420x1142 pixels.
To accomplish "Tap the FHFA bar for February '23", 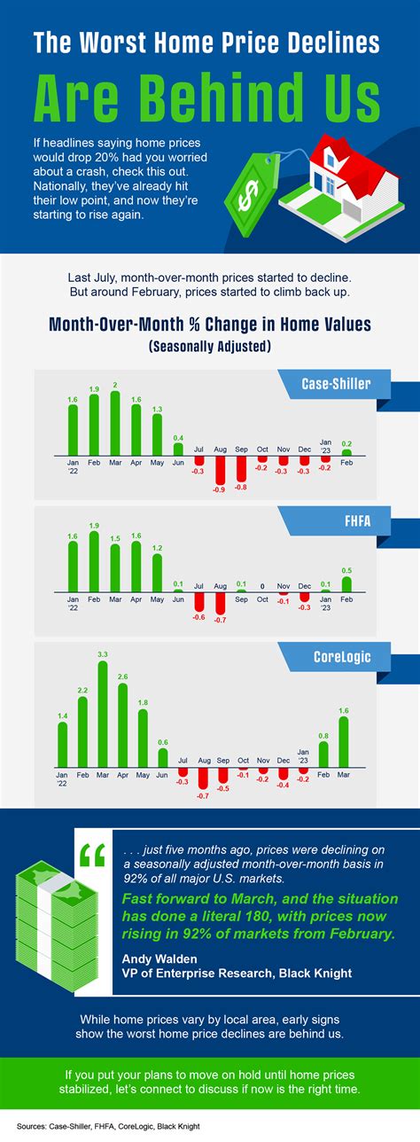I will [x=346, y=584].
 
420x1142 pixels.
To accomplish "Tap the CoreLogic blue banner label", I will [x=341, y=657].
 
